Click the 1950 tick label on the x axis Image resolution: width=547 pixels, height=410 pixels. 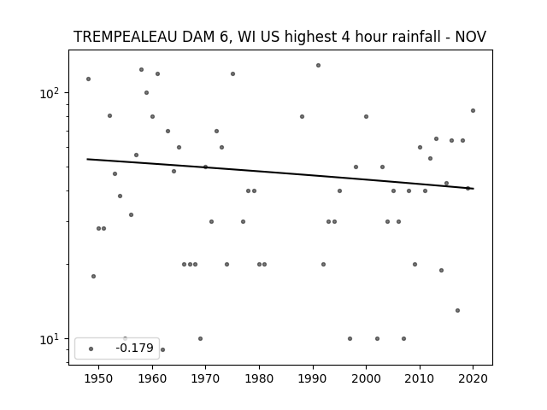pyautogui.click(x=99, y=378)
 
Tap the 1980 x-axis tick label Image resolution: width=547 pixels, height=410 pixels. pyautogui.click(x=259, y=378)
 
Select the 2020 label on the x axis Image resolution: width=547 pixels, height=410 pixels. pyautogui.click(x=473, y=378)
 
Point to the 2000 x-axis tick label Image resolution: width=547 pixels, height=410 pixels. pyautogui.click(x=366, y=378)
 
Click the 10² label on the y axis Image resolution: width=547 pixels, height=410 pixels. pyautogui.click(x=50, y=93)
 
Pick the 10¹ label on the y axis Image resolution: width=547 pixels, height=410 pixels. pyautogui.click(x=50, y=339)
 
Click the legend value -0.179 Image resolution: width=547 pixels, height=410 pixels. pyautogui.click(x=135, y=348)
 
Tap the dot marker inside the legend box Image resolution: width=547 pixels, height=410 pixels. pyautogui.click(x=91, y=348)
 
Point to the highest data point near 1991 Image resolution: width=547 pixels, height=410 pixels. pyautogui.click(x=318, y=65)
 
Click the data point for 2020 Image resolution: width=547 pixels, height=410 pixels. pyautogui.click(x=473, y=110)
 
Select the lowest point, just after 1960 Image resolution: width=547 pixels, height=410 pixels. pyautogui.click(x=162, y=349)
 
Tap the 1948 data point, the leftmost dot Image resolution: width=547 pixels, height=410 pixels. pyautogui.click(x=88, y=79)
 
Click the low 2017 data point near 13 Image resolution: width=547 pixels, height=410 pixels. pyautogui.click(x=458, y=310)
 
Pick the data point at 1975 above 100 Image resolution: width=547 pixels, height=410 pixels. pyautogui.click(x=232, y=74)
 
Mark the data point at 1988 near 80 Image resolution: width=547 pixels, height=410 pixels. pyautogui.click(x=302, y=116)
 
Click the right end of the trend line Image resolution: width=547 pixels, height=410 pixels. pyautogui.click(x=473, y=189)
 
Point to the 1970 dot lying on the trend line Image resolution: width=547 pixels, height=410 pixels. pyautogui.click(x=205, y=167)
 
